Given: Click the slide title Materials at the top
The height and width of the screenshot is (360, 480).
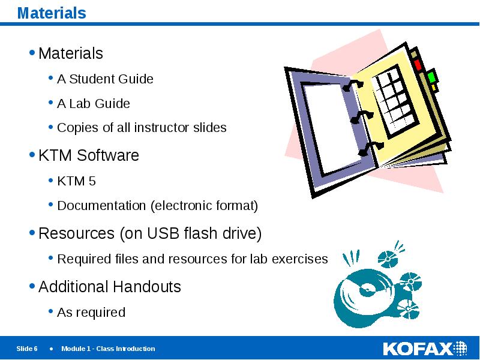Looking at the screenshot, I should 52,13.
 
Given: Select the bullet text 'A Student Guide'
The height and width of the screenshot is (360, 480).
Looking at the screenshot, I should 105,79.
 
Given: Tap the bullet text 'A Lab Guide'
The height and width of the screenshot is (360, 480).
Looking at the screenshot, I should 93,104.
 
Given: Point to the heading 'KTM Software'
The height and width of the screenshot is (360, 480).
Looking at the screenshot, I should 88,156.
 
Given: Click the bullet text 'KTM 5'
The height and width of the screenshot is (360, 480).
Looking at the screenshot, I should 76,181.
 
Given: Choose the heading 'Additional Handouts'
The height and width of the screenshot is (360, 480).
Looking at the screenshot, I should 109,287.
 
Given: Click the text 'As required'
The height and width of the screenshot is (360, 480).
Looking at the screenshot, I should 91,313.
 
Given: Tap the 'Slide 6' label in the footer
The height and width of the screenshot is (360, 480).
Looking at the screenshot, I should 27,349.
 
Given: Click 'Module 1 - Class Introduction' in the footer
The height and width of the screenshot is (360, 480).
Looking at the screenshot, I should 108,349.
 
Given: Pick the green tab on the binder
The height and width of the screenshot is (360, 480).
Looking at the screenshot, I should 431,77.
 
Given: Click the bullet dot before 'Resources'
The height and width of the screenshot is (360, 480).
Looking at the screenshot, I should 32,233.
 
